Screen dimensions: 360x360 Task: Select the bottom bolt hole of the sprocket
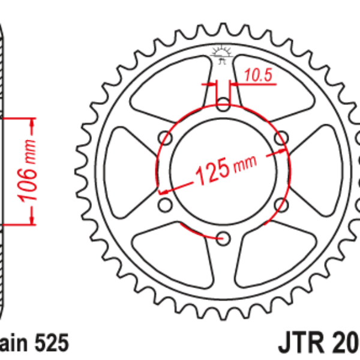pos(223,238)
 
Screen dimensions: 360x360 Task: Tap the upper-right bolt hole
pos(280,140)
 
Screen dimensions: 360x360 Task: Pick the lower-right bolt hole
pos(280,206)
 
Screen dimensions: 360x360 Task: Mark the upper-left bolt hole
pos(166,140)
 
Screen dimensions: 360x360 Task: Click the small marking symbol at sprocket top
pos(223,55)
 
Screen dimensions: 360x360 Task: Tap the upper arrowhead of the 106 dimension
pos(32,123)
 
